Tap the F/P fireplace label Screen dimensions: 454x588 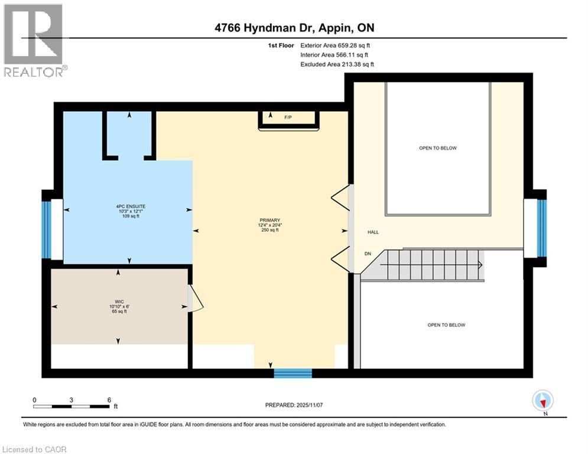pos(288,118)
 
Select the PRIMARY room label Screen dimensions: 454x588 pos(269,220)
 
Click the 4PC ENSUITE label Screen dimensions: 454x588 pos(131,206)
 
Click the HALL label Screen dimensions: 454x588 pos(372,232)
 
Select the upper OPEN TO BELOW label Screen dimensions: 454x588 pos(437,148)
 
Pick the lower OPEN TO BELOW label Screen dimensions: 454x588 pos(446,325)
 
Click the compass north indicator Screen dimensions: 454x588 pos(542,401)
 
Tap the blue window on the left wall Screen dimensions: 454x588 pos(46,229)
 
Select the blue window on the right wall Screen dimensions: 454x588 pos(541,228)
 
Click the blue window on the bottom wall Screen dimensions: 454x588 pos(293,372)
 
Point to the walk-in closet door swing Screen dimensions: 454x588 pos(196,299)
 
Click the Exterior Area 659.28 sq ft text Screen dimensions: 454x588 pos(335,45)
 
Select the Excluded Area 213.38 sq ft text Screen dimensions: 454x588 pos(337,64)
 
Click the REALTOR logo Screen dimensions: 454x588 pos(34,40)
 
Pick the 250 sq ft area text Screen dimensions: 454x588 pos(269,231)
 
